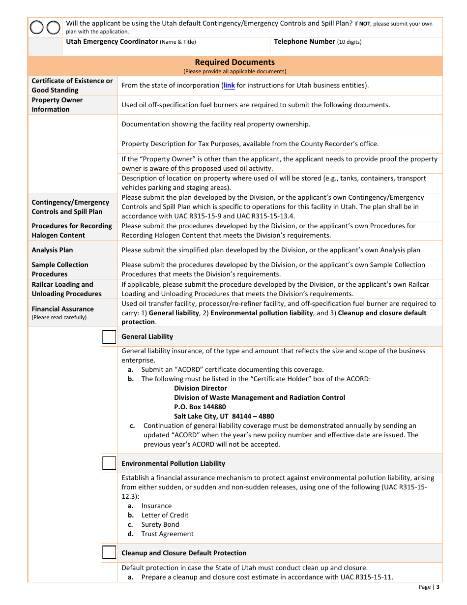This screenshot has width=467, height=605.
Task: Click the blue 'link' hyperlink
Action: click(x=229, y=85)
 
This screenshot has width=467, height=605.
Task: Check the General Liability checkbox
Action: click(x=109, y=337)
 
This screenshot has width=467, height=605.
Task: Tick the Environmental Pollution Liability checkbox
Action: click(x=109, y=463)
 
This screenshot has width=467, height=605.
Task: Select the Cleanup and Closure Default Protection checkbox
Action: click(x=109, y=553)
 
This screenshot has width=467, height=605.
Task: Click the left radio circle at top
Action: click(x=37, y=28)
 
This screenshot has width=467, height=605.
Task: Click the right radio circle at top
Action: click(x=53, y=28)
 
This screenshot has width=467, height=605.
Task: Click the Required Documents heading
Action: click(x=235, y=62)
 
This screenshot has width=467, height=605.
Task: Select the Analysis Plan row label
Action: click(x=52, y=250)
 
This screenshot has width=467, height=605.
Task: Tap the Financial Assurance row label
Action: click(x=62, y=309)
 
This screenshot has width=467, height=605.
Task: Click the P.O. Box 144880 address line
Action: click(x=200, y=407)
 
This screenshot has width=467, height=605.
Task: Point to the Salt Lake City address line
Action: click(x=224, y=416)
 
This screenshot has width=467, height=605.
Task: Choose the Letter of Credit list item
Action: click(x=165, y=515)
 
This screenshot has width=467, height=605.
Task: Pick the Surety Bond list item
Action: click(x=160, y=524)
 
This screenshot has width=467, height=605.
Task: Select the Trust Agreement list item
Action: click(x=167, y=534)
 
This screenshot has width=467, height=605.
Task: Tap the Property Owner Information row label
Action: click(x=57, y=104)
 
